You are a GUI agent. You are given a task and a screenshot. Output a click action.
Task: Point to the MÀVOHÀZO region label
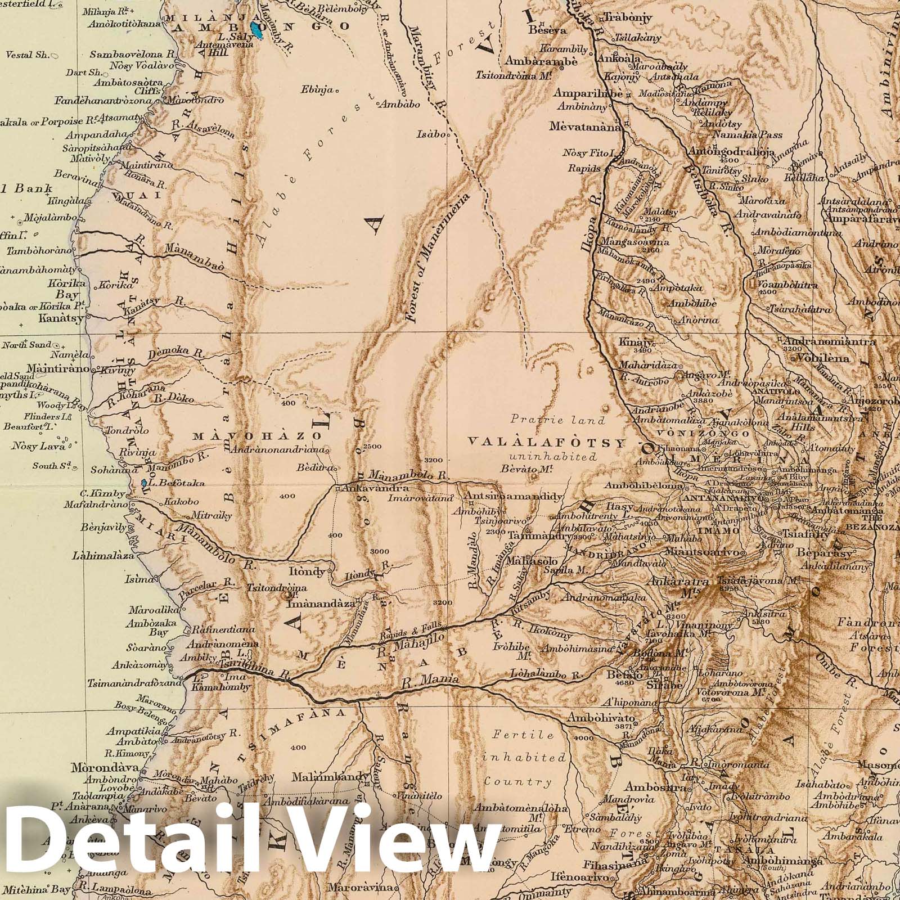coord(256,436)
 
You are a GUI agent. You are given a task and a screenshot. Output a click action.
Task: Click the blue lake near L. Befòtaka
coord(144,483)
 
